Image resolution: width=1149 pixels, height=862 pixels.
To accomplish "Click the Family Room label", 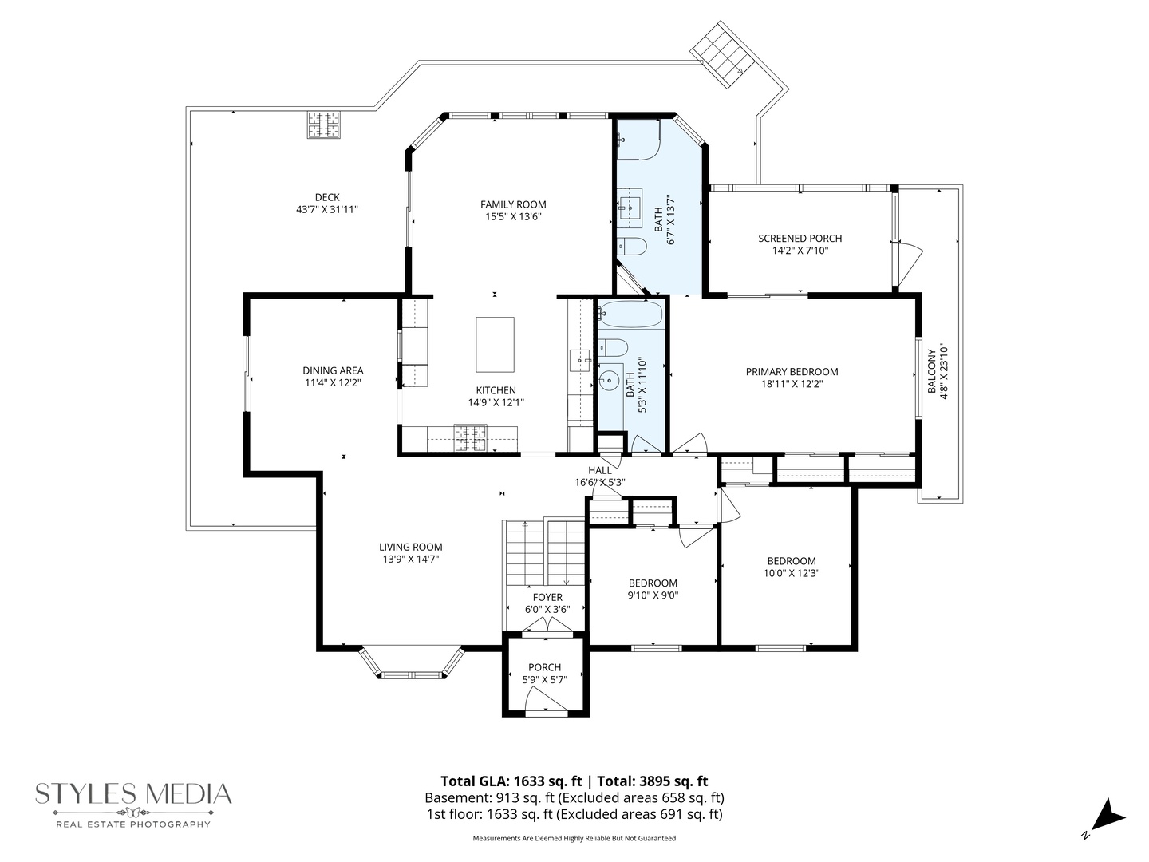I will tap(513, 204).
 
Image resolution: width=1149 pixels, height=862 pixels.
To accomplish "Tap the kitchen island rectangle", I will tap(495, 344).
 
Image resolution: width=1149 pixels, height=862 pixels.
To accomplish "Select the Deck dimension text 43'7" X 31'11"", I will tap(327, 210).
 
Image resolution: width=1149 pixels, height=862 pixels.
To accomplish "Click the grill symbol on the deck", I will tap(325, 125).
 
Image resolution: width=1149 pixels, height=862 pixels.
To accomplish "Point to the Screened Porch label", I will tap(800, 238).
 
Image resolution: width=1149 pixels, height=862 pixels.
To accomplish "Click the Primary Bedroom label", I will tap(792, 371).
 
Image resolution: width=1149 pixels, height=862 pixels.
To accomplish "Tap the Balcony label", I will tap(931, 372).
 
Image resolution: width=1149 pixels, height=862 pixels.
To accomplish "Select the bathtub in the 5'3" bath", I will tap(631, 314).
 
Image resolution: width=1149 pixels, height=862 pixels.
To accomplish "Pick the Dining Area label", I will tap(333, 370).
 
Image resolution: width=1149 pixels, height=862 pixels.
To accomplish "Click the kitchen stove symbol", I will tap(471, 437).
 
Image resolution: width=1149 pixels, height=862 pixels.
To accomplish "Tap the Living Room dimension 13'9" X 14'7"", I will tap(411, 560).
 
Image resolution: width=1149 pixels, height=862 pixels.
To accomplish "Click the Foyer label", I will tap(547, 597).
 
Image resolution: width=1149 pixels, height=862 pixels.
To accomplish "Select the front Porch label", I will tap(544, 667).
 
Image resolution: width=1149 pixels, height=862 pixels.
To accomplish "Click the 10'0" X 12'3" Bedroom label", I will tap(792, 561).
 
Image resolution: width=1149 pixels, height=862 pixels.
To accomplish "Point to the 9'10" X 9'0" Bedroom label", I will tap(653, 583).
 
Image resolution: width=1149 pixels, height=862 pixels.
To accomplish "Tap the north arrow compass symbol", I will tap(1106, 817).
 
